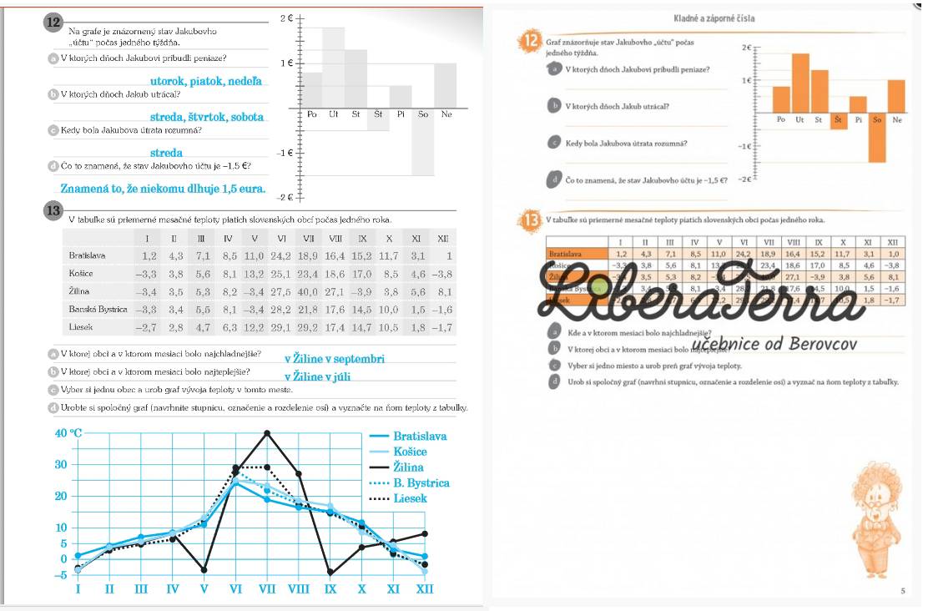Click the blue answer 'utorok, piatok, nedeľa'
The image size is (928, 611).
click(205, 81)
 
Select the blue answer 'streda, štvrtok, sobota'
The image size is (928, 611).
click(207, 117)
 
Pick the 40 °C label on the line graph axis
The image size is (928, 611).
click(68, 432)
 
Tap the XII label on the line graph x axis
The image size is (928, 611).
click(425, 589)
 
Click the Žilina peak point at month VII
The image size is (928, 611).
click(267, 432)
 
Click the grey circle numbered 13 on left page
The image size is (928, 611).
click(53, 211)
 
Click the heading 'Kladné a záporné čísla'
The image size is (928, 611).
click(714, 18)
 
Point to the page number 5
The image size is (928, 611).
click(902, 591)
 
